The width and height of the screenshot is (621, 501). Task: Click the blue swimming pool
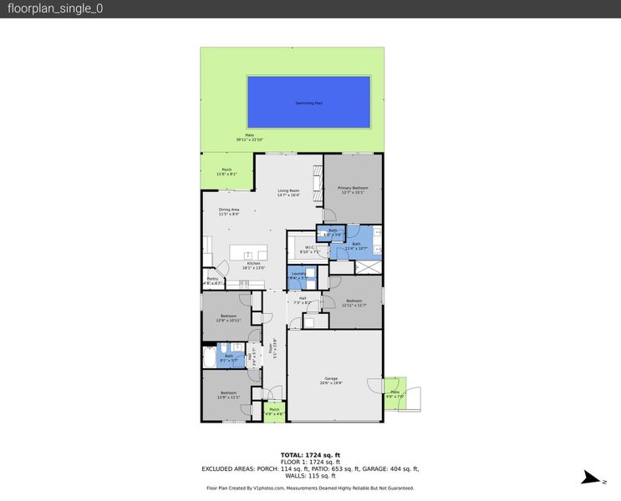pyautogui.click(x=308, y=102)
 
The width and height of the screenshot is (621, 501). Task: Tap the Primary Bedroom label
pyautogui.click(x=353, y=190)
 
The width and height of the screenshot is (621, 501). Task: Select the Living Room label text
pyautogui.click(x=288, y=193)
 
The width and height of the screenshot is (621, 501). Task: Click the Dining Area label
pyautogui.click(x=230, y=211)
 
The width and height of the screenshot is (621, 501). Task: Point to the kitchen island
pyautogui.click(x=248, y=253)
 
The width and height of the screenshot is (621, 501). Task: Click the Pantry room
pyautogui.click(x=211, y=281)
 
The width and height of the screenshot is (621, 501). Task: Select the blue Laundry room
pyautogui.click(x=302, y=276)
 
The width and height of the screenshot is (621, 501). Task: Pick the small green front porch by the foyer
pyautogui.click(x=274, y=411)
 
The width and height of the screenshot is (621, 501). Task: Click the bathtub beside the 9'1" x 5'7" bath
pyautogui.click(x=208, y=357)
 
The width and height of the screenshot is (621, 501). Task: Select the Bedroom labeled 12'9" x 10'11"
pyautogui.click(x=228, y=317)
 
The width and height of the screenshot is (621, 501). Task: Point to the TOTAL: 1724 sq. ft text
pyautogui.click(x=310, y=454)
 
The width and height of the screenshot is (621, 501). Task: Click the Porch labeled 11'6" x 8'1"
pyautogui.click(x=227, y=172)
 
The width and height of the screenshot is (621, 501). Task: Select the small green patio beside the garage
pyautogui.click(x=394, y=392)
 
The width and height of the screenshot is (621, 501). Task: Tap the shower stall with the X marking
pyautogui.click(x=366, y=267)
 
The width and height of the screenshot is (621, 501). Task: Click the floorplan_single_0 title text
pyautogui.click(x=56, y=9)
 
